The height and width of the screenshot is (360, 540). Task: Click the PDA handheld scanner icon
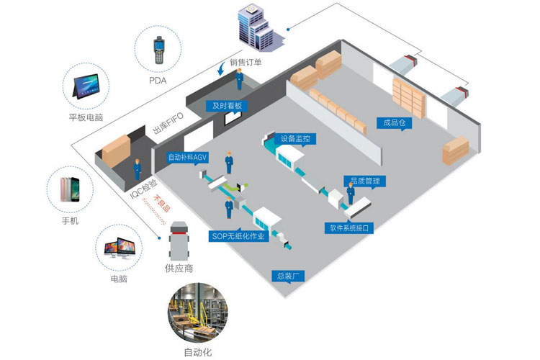point(157,51)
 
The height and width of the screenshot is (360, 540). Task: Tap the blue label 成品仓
point(396,122)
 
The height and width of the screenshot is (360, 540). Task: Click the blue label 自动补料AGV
point(187,156)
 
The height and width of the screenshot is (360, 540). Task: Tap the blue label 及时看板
point(227,106)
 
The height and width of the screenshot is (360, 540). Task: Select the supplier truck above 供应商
point(180,238)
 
